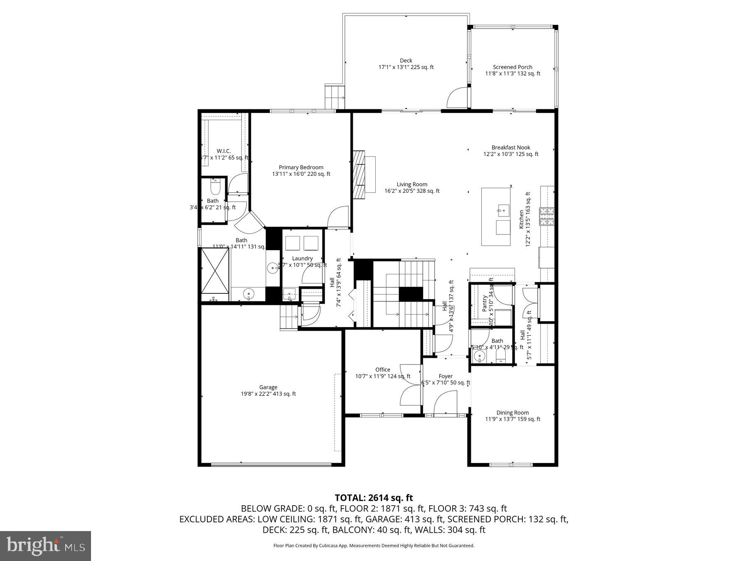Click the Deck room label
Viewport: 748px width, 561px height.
pos(406,61)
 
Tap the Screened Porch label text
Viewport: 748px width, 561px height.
pos(512,67)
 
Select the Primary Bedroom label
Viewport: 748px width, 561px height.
pos(301,167)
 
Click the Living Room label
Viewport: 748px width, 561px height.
pos(412,185)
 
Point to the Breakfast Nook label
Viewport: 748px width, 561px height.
pos(511,148)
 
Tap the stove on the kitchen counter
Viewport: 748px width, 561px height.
pos(546,216)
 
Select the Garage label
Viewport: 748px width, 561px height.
pos(268,387)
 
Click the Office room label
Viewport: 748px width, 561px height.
pos(383,370)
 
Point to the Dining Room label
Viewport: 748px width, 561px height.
pos(512,413)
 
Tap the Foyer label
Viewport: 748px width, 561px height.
pos(445,376)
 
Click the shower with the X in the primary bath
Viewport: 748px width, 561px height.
pos(215,271)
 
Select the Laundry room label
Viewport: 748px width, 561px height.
pos(302,258)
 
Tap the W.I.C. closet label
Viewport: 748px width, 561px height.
pos(224,151)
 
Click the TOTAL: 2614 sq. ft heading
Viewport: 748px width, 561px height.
pos(374,497)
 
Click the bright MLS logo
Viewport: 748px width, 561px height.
pos(45,546)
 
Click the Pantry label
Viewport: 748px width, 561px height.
pos(485,303)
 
